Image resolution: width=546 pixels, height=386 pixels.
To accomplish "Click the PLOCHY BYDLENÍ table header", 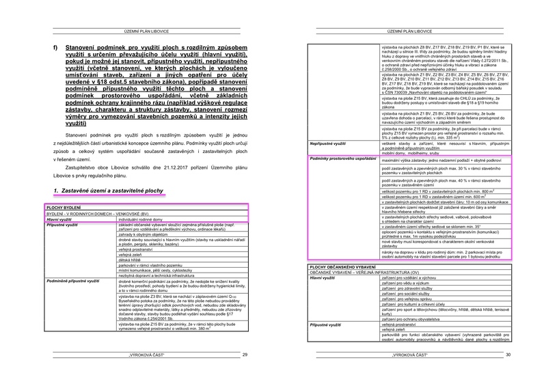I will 64,206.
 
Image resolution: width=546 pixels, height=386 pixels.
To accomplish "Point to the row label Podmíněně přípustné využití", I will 71,281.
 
